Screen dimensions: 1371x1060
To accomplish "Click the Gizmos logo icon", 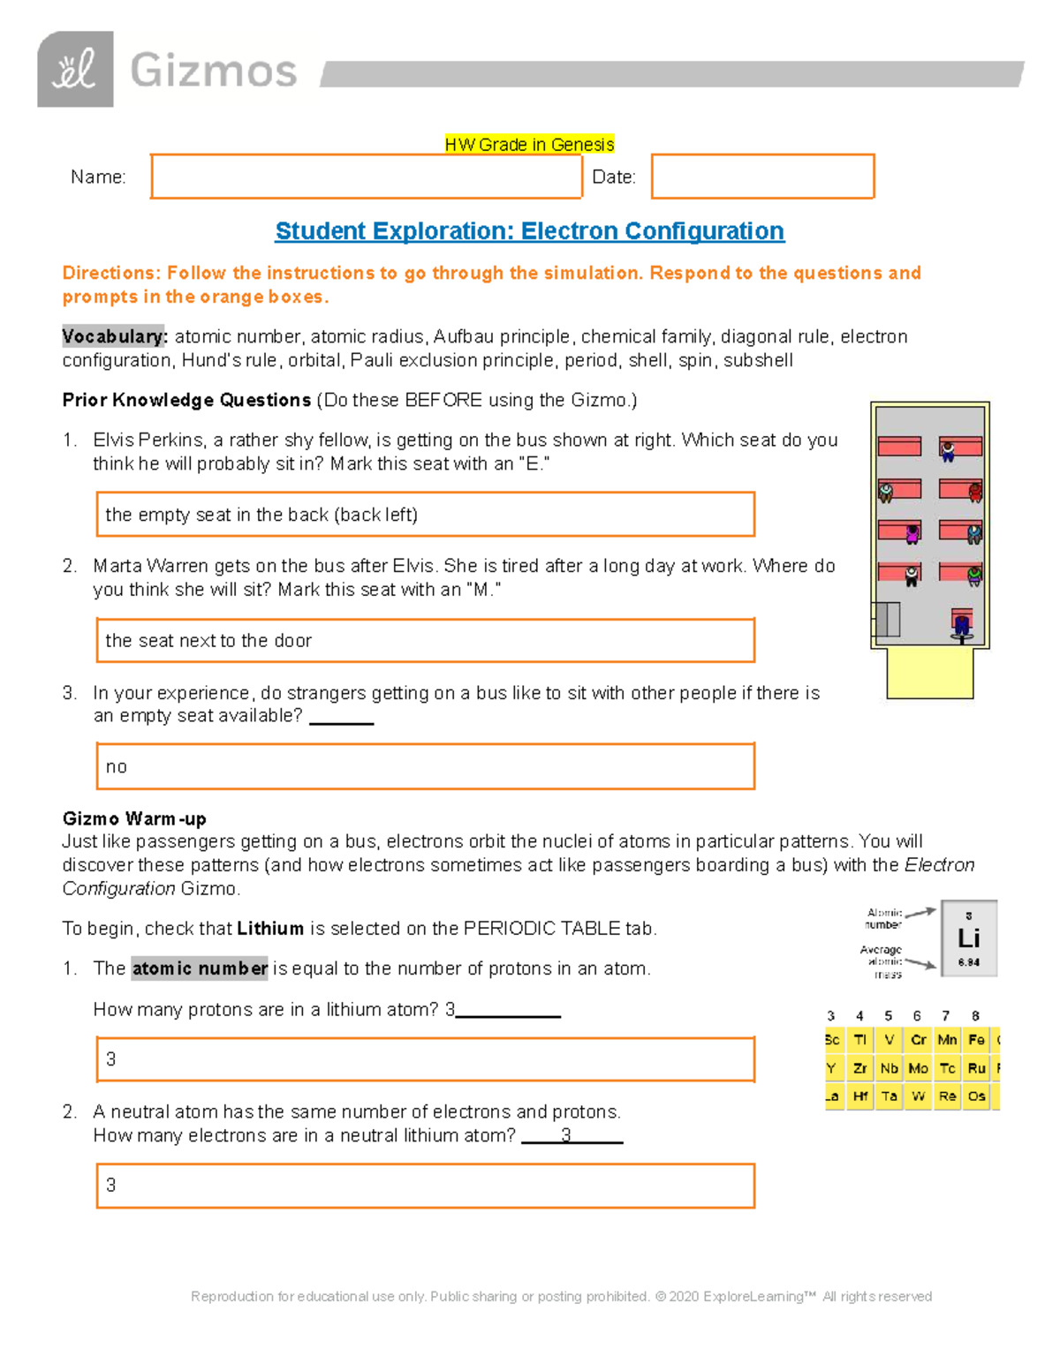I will point(75,70).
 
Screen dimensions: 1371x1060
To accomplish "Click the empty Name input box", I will point(366,177).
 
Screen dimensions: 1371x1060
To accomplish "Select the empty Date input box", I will point(762,177).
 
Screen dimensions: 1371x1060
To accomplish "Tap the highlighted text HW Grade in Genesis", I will point(529,145).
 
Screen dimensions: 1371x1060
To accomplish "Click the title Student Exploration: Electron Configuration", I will point(529,231).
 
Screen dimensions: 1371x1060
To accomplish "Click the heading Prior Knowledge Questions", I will point(186,400).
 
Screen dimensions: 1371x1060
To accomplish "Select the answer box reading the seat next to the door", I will point(425,640).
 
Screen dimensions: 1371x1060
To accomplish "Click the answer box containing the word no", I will point(425,766).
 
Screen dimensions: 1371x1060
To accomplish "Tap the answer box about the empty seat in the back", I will point(425,515).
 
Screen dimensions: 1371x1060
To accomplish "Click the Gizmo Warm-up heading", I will point(134,818).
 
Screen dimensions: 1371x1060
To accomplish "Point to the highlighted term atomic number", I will point(200,968).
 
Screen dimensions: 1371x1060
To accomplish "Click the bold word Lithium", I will point(270,929).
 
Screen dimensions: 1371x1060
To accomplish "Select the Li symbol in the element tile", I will point(969,938).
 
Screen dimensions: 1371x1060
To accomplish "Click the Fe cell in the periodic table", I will point(976,1040).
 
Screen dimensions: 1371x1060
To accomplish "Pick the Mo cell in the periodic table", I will point(918,1068).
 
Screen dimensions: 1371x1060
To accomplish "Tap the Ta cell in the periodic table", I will point(889,1096).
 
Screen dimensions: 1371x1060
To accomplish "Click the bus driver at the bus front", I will point(962,623).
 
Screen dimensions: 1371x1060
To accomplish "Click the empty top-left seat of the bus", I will point(899,447).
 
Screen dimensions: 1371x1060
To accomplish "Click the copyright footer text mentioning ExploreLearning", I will point(561,1296).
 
